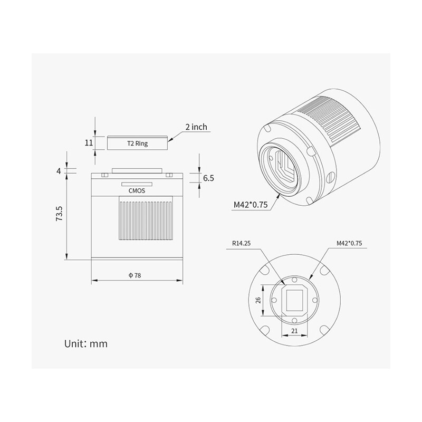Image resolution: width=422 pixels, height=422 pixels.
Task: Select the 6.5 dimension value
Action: point(208,178)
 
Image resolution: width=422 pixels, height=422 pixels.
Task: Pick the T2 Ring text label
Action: point(137,143)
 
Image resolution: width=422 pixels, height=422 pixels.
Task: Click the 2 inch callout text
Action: point(196,127)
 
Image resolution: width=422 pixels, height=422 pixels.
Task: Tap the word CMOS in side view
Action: point(137,192)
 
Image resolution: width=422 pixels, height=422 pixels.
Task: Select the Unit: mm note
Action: point(86,343)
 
